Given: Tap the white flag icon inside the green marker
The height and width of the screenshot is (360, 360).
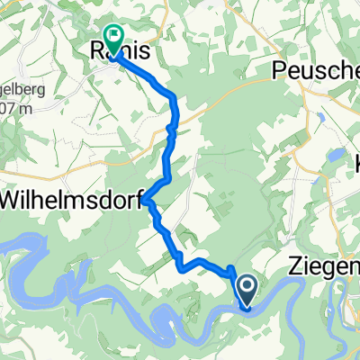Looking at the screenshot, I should (x=114, y=36).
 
